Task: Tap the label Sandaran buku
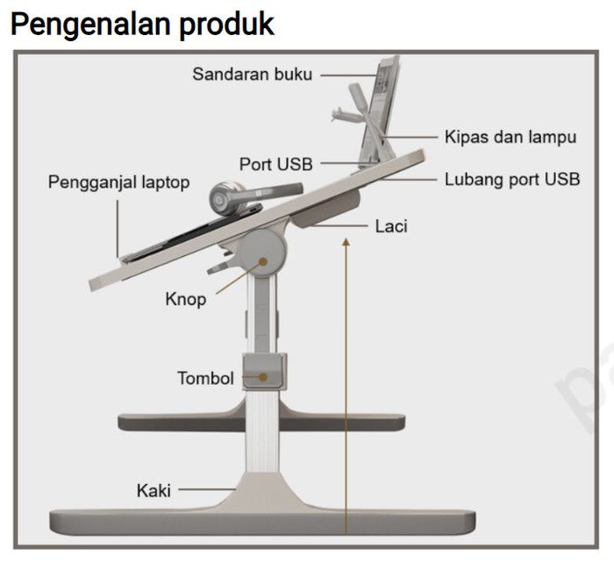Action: coord(253,75)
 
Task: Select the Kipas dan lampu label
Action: coord(510,137)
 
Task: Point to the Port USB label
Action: coord(276,163)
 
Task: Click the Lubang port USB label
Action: coord(512,180)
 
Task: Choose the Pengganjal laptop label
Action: coord(118,182)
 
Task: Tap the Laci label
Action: coord(391,226)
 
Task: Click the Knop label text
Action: coord(185,299)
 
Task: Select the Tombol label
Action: coord(205,379)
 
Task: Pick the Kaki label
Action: coord(153,489)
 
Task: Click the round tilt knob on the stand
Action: coord(262,250)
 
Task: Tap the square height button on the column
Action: coord(265,372)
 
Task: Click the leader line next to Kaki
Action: coord(207,489)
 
